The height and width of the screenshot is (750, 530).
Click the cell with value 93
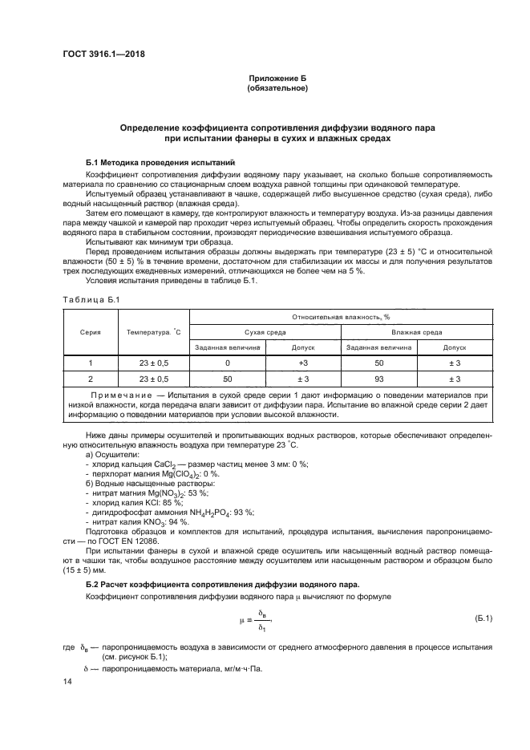point(378,379)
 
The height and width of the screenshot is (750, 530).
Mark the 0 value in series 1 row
point(227,363)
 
